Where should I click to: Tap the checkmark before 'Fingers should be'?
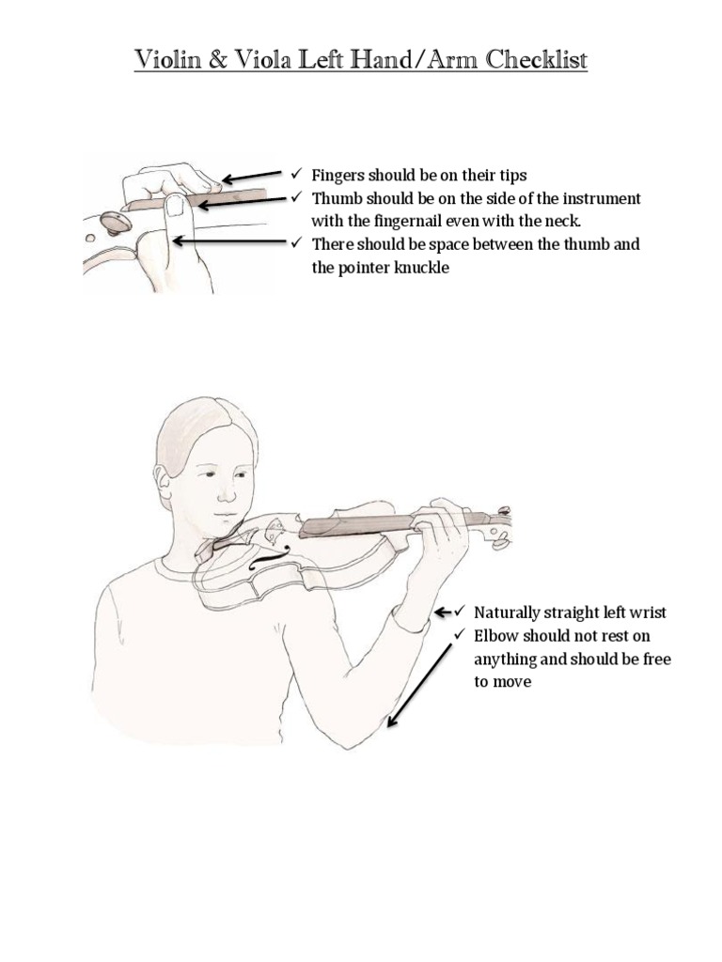click(295, 175)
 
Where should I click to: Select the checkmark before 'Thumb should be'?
click(295, 198)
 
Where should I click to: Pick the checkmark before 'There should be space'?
click(295, 244)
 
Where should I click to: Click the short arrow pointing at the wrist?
click(443, 613)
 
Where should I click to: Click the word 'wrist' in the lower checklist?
click(648, 613)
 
